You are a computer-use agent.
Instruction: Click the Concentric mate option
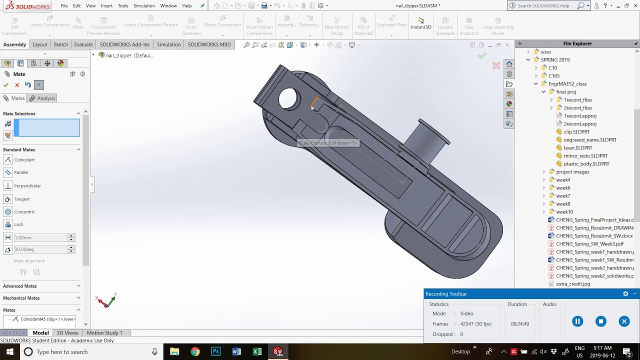pos(24,212)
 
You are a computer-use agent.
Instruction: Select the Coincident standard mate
pos(24,160)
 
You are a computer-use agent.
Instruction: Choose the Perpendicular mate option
pos(27,186)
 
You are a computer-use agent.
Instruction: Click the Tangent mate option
pos(21,199)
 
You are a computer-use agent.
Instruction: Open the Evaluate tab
pos(83,44)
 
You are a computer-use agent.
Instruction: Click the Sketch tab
pos(60,44)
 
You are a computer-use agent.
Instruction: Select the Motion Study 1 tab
pos(104,333)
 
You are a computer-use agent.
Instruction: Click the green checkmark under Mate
pos(6,85)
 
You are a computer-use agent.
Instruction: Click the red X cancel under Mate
pos(17,85)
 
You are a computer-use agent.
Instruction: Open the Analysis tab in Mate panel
pos(45,98)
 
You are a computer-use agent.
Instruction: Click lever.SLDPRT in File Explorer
pos(577,148)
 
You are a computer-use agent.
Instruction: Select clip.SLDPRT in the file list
pos(576,132)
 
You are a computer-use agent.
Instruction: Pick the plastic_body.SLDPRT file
pos(586,164)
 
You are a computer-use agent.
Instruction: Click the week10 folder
pos(564,212)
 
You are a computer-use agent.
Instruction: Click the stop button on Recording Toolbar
pos(600,321)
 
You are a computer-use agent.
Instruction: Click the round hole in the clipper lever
pos(288,98)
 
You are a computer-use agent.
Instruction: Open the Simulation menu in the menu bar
pos(144,6)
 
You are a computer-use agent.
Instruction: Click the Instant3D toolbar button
pos(421,24)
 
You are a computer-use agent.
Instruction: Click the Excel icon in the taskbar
pos(257,352)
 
